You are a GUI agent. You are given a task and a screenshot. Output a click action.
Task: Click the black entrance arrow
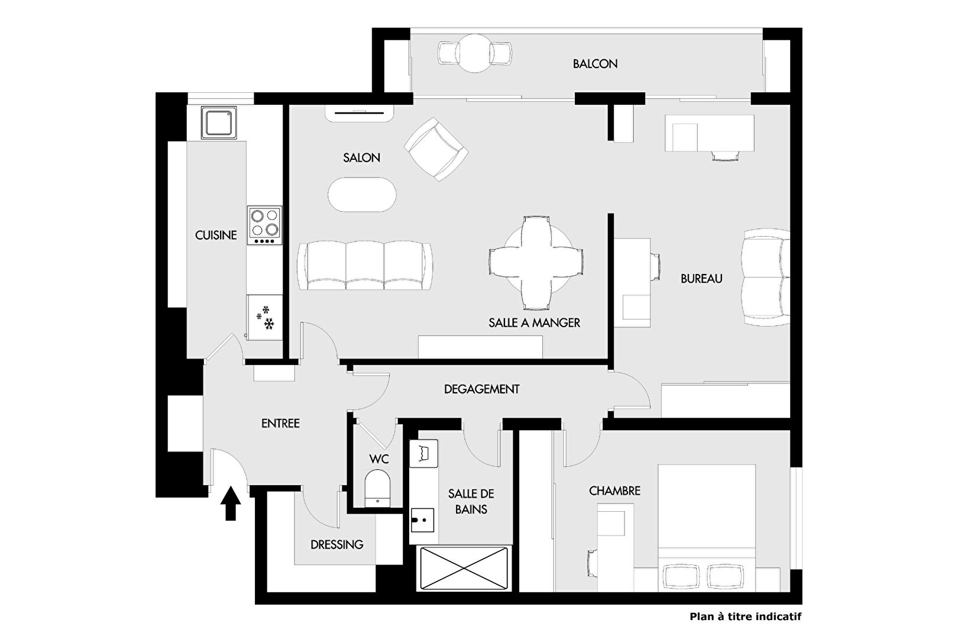coord(231,503)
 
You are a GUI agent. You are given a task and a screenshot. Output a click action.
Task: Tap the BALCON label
coord(595,64)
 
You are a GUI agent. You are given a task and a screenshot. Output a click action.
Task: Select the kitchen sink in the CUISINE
coord(219,123)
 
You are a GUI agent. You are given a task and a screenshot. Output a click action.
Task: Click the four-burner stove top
coord(265,225)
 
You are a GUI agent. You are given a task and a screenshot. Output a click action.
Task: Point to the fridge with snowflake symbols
coord(265,318)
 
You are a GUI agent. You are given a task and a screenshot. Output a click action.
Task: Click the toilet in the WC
coord(378,488)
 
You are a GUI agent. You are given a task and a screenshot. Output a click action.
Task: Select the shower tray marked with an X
coord(464,569)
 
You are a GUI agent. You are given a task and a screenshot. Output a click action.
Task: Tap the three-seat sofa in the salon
coord(365,265)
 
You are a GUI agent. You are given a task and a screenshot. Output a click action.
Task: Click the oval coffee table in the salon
coord(362,194)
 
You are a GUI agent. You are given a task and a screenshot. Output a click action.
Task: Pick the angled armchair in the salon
coord(436,149)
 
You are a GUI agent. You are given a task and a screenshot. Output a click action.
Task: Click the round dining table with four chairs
coord(536,262)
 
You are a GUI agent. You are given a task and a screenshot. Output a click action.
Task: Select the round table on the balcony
coord(474,53)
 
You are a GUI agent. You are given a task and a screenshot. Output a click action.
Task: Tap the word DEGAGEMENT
coord(481,389)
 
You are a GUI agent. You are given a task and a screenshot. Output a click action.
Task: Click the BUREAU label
coord(701,279)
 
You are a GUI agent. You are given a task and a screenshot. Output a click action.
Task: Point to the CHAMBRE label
coord(614,491)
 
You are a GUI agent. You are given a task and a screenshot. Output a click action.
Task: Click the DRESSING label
coord(337,545)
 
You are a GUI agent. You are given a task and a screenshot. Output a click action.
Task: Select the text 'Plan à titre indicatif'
coord(746,617)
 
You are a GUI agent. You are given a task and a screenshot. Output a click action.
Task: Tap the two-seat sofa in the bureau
coord(766,277)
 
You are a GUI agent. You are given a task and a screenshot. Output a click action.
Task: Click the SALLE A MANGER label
coord(535,322)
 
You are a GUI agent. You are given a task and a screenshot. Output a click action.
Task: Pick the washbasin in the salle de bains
coord(423,520)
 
